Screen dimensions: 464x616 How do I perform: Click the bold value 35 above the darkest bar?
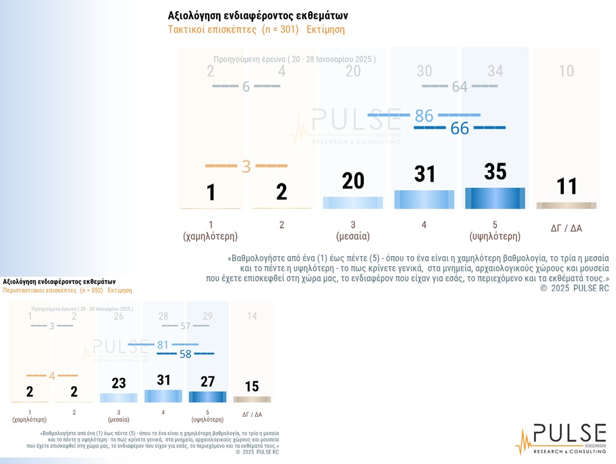(x=495, y=171)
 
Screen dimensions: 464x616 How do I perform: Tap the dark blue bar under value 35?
(x=495, y=198)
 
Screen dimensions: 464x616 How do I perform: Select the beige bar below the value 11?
(x=566, y=205)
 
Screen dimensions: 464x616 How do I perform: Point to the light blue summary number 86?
(x=424, y=115)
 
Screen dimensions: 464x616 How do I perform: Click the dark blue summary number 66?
(x=460, y=128)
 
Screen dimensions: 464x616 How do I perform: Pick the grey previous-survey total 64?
(x=460, y=87)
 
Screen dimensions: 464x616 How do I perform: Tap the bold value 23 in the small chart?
(x=118, y=383)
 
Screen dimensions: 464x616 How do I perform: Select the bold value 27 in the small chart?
(x=207, y=381)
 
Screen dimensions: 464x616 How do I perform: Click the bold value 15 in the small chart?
(x=252, y=386)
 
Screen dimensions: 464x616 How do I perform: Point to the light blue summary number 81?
(x=163, y=344)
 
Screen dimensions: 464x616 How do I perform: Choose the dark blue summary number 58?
(x=185, y=354)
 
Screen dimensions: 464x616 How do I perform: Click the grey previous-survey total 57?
(x=185, y=326)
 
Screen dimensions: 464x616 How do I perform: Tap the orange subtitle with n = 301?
(x=256, y=30)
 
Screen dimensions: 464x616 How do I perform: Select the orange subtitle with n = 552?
(x=67, y=290)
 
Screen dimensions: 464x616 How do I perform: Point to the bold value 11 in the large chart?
(x=566, y=187)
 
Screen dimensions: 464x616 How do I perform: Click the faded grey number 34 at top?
(x=495, y=71)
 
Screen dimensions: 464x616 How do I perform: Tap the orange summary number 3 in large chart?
(x=246, y=166)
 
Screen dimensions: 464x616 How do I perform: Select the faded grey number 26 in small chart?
(x=118, y=316)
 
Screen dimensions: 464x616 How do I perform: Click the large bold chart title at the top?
(x=258, y=15)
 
